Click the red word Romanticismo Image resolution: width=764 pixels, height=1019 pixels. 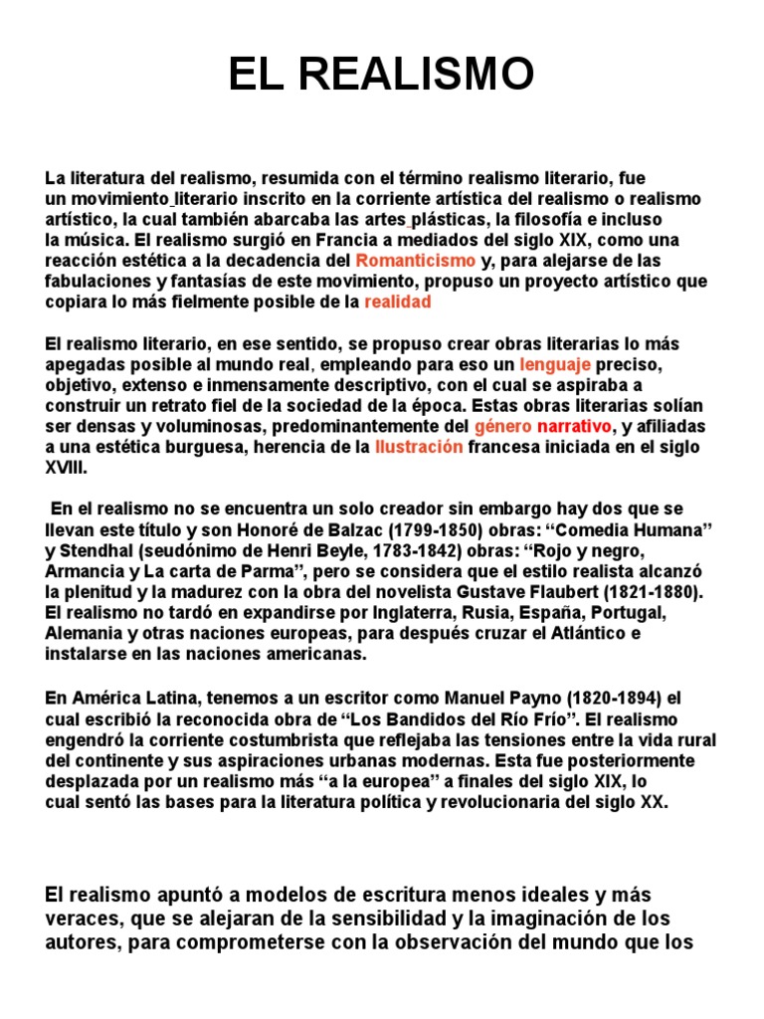point(417,261)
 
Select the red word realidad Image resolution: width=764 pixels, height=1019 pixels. point(398,302)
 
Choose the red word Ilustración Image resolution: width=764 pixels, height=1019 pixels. point(419,447)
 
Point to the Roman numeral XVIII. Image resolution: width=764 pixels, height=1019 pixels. point(67,467)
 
